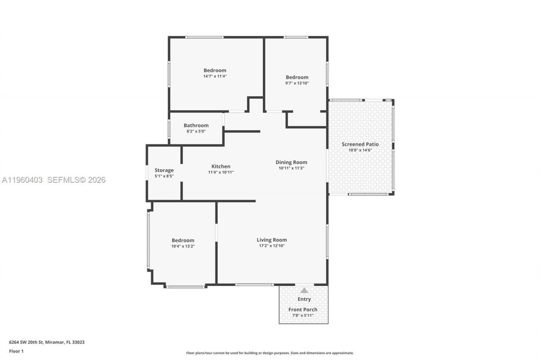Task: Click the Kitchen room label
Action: pos(221,166)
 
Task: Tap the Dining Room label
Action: pos(291,162)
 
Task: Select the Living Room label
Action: pos(272,240)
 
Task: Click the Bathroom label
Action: pos(196,125)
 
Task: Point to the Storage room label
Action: pos(164,170)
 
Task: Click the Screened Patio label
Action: pos(360,144)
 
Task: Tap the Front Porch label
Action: pos(303,309)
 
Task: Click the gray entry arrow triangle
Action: pos(304,290)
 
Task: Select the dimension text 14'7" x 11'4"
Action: pos(215,76)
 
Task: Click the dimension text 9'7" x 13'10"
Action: pos(297,83)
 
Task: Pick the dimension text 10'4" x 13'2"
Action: pos(183,246)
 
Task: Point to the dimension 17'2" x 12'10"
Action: pos(272,246)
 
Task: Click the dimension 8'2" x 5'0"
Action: pos(196,131)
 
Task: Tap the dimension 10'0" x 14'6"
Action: pos(360,150)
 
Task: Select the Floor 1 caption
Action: pos(16,351)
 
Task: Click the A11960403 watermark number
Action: pos(22,180)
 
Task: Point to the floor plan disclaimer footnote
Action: pos(270,353)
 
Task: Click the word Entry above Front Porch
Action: pos(304,299)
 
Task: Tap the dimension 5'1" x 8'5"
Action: pos(164,176)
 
